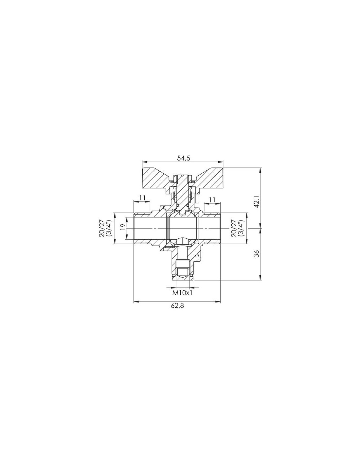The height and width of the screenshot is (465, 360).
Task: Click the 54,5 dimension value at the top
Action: (183, 158)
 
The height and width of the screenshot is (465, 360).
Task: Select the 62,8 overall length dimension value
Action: (177, 306)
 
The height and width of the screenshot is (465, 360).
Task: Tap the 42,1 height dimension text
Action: (257, 202)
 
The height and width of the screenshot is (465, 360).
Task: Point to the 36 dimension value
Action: (257, 253)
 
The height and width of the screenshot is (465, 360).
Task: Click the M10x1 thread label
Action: (183, 293)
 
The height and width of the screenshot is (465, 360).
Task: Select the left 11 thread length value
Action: (141, 198)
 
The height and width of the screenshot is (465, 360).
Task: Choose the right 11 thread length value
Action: (212, 200)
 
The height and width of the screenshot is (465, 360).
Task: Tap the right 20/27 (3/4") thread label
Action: (237, 228)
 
